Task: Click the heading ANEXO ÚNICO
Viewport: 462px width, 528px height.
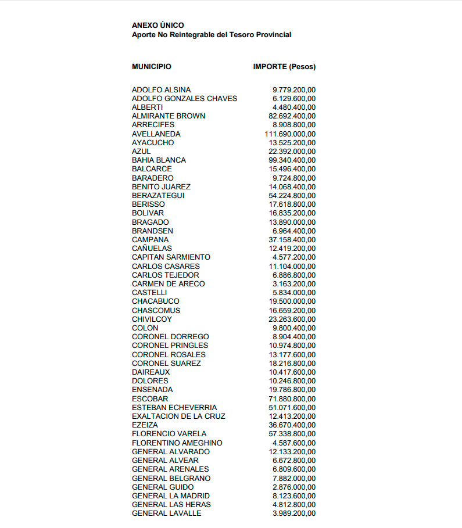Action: (x=157, y=26)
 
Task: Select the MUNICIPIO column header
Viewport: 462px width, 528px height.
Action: (x=151, y=67)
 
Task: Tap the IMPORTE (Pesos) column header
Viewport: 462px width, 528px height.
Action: (x=284, y=67)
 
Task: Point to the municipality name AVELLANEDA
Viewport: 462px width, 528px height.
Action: (x=156, y=134)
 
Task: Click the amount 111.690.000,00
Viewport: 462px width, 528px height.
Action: (x=290, y=134)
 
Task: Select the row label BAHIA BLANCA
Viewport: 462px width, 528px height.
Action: (x=159, y=160)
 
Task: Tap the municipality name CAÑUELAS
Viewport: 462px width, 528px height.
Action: (x=152, y=248)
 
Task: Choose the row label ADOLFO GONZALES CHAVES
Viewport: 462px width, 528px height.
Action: (x=184, y=99)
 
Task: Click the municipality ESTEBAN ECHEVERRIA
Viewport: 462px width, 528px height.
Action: (x=174, y=407)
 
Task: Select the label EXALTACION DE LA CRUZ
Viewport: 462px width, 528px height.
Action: (x=178, y=416)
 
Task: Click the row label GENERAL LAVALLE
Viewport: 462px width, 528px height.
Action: (x=166, y=513)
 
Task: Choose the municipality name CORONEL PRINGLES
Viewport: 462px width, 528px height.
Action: (x=170, y=346)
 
